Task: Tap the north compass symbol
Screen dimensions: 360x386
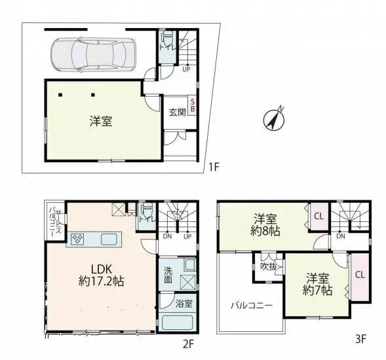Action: (273, 118)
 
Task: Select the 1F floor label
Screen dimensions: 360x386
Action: (212, 168)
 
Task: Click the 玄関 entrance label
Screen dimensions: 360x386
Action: (176, 112)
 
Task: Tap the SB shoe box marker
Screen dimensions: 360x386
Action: (193, 105)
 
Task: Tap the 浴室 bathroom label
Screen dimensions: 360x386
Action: (183, 303)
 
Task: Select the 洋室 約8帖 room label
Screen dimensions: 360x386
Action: (265, 224)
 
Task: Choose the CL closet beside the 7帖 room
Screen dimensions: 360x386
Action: (360, 275)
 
